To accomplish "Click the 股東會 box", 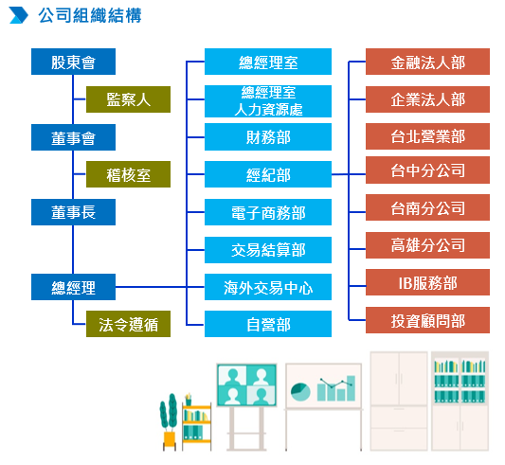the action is pos(73,62).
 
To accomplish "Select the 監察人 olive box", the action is pos(128,99).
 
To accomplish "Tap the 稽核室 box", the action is pos(128,174).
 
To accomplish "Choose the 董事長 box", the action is pos(73,212).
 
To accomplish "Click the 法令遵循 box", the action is pos(128,324).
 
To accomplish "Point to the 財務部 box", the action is pos(268,137).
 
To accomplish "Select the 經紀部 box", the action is pos(268,174).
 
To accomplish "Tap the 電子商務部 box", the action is pos(268,212).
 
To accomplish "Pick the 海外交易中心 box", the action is pos(268,287).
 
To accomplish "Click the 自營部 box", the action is pos(268,324).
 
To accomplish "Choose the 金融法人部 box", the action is pos(427,62).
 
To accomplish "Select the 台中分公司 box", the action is pos(427,170).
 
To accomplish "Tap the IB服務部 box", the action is pos(427,282).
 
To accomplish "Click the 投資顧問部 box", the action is pos(427,320).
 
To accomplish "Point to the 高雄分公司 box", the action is pos(427,245).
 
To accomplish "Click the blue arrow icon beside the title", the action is pos(19,15).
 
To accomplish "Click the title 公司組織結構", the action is pos(90,15).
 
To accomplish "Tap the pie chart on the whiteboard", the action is pos(300,391).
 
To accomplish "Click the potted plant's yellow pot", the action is pos(170,438).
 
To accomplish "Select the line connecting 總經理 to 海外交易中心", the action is pos(160,287).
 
